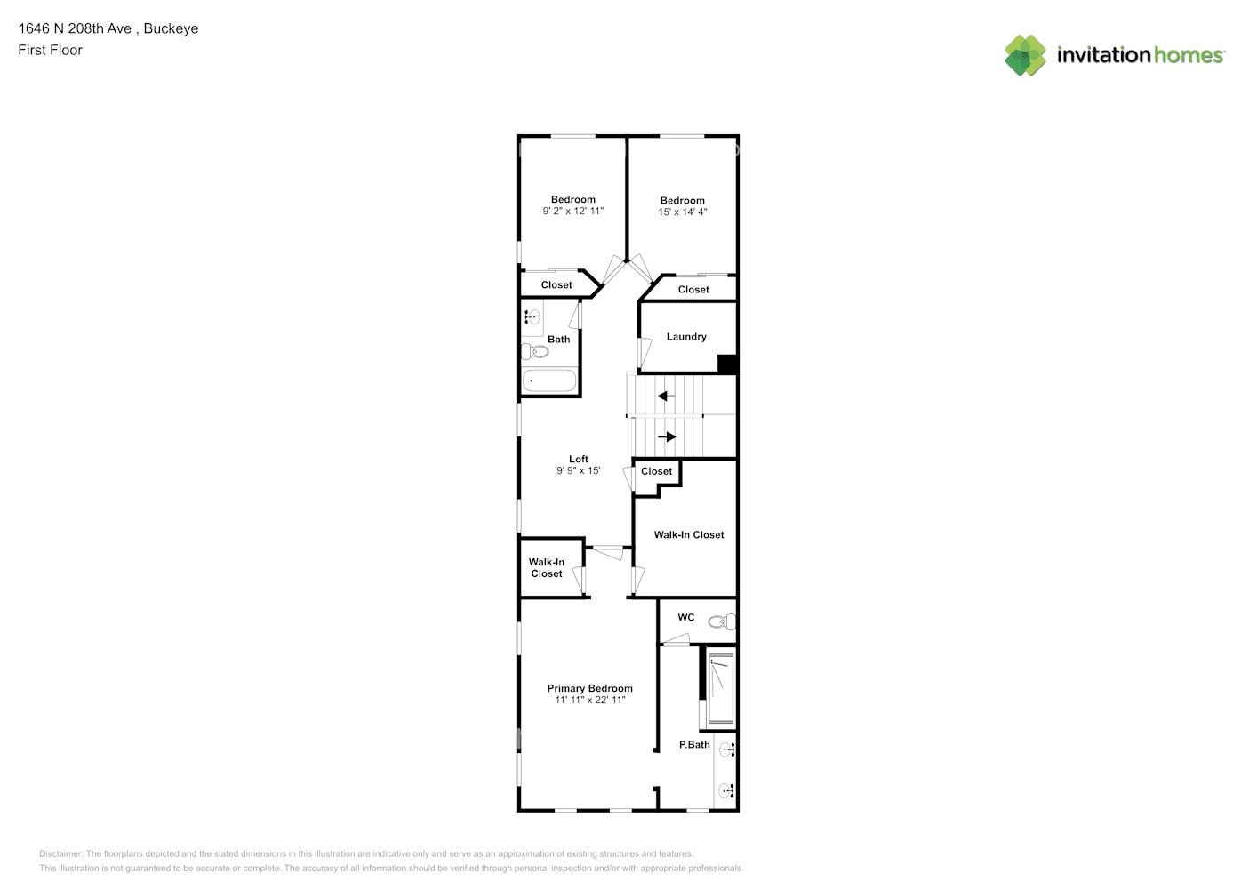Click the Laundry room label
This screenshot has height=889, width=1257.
tap(686, 337)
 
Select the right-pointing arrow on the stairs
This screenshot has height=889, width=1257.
tap(667, 436)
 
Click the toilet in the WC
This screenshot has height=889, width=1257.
tap(722, 621)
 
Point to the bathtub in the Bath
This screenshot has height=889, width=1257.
tap(548, 380)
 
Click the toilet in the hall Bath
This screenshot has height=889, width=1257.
tap(535, 351)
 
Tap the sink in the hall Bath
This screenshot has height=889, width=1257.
tap(532, 316)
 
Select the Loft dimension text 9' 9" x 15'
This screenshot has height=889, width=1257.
tap(578, 471)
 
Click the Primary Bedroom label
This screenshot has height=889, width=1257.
tap(589, 688)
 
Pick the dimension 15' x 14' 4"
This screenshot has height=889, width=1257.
tap(682, 212)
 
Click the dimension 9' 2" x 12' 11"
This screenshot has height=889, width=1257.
tap(572, 212)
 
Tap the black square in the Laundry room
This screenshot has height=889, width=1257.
tap(726, 364)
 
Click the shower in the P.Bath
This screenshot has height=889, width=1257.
tap(720, 686)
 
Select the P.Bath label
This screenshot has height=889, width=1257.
tap(694, 745)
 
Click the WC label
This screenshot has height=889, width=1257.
tap(685, 618)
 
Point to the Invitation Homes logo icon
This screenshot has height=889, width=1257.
tap(1025, 55)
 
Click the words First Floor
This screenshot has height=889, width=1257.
tap(50, 51)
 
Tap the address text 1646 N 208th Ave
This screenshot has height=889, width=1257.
tap(75, 28)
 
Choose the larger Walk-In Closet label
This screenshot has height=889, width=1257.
tap(688, 535)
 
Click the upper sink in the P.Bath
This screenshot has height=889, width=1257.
tap(727, 749)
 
